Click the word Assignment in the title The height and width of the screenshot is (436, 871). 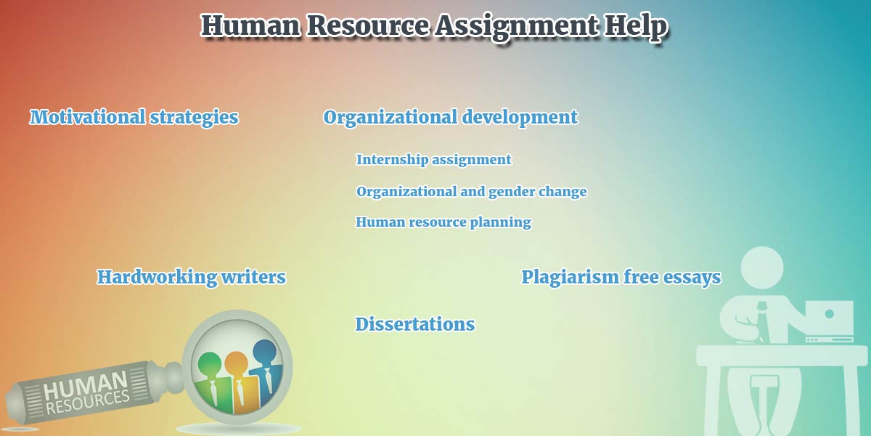coord(516,26)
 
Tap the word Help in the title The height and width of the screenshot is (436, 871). coord(635,26)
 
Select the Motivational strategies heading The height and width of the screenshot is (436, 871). coord(134,118)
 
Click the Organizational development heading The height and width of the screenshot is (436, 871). coord(450,118)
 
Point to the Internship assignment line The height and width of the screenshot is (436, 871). coord(433,160)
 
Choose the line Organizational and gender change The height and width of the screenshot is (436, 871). coord(471,192)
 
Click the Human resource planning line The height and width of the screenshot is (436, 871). coord(443,222)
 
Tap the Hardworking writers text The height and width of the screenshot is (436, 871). coord(192,277)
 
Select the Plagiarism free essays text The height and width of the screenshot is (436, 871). coord(621,278)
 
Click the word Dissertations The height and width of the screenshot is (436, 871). coord(415,324)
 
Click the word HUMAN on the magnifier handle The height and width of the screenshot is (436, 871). coord(85,385)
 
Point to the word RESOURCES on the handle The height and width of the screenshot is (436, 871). coord(88,403)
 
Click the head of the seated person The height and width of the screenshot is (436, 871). coord(761,268)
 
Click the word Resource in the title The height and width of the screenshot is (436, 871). coord(368,25)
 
